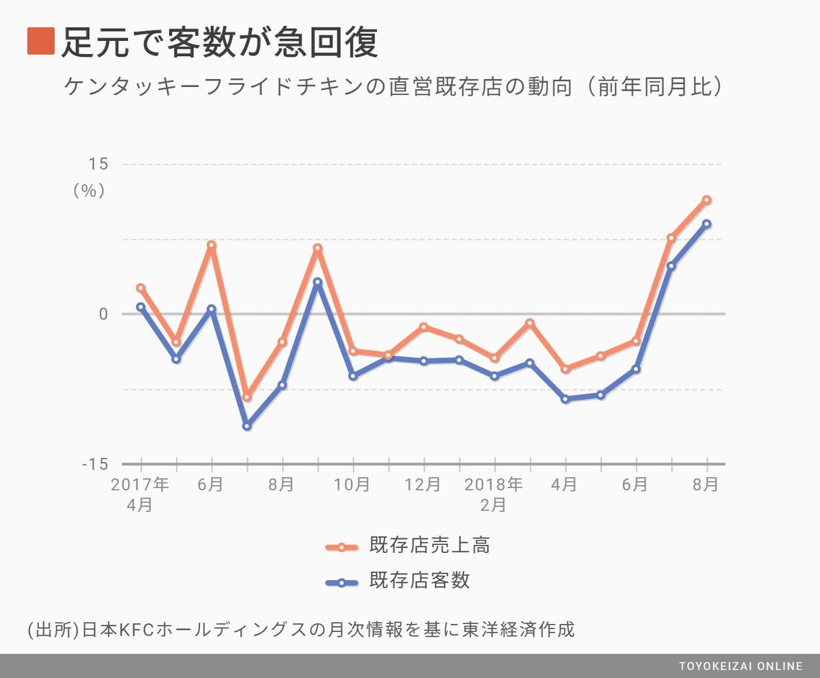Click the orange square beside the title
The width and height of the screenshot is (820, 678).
click(x=41, y=41)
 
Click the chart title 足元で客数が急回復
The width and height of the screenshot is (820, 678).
click(x=219, y=42)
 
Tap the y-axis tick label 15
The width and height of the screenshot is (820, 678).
click(x=98, y=164)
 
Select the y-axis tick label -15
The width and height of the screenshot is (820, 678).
click(x=94, y=464)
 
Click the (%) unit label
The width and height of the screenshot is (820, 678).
click(x=89, y=191)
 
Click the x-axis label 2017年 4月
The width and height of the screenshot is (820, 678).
click(x=140, y=494)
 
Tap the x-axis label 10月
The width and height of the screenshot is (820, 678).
click(x=352, y=485)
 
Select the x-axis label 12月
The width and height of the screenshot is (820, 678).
click(x=423, y=485)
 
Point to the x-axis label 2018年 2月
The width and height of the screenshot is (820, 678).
click(x=493, y=494)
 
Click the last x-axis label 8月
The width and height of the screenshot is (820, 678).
click(x=706, y=485)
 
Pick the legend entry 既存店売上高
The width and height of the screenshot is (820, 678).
click(x=429, y=546)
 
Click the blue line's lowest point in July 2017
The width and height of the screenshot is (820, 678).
click(x=247, y=426)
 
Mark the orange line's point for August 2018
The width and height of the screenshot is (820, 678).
click(x=706, y=200)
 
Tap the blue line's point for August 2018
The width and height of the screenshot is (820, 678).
click(x=706, y=224)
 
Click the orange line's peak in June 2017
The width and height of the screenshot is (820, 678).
click(x=211, y=245)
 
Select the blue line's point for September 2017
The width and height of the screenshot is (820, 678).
click(x=317, y=283)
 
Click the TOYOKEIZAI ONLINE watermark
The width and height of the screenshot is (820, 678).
click(x=740, y=666)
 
